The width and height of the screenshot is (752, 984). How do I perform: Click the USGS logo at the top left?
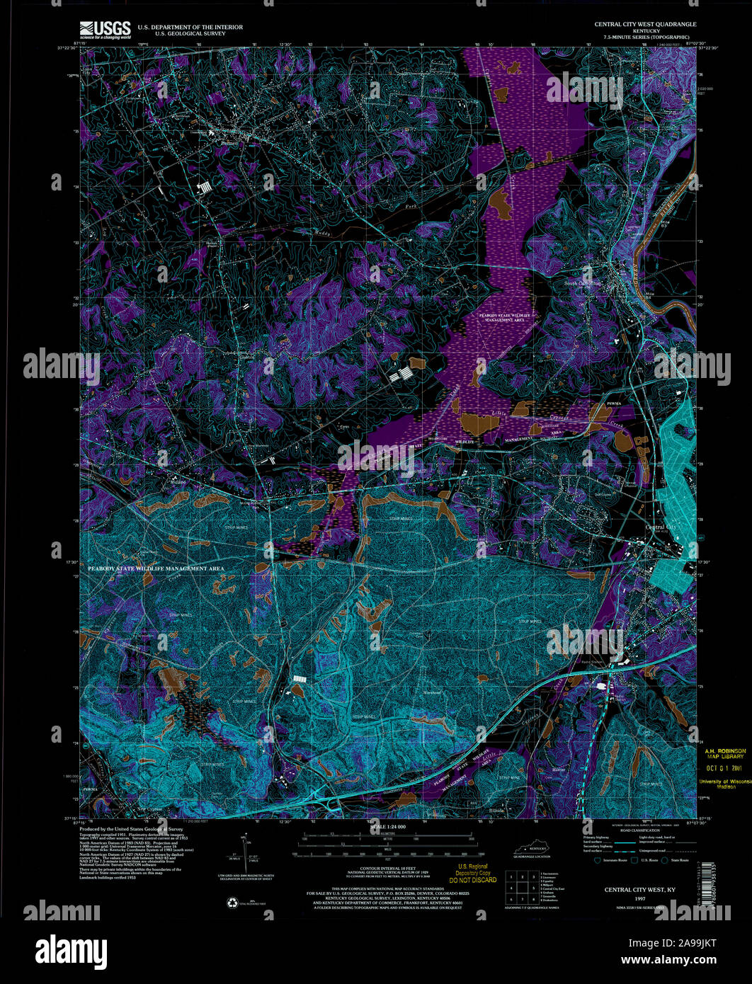(106, 29)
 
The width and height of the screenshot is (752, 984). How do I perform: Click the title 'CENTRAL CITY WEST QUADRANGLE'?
(644, 24)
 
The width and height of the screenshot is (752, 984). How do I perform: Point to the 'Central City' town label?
(661, 527)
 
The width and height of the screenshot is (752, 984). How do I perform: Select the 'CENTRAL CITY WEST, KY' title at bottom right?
(639, 889)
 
